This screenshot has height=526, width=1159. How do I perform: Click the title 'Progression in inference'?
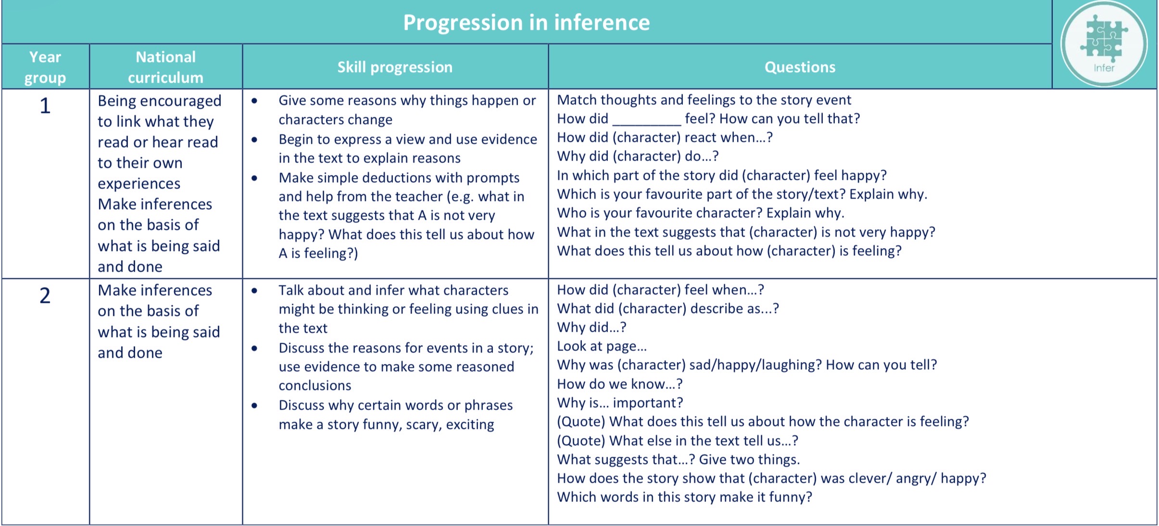click(x=526, y=23)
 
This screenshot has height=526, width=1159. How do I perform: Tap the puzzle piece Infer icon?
click(x=1104, y=44)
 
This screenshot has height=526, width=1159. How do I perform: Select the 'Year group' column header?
click(x=45, y=67)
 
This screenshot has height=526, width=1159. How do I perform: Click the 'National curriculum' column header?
click(x=165, y=67)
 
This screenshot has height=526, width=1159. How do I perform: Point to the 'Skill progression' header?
click(x=395, y=67)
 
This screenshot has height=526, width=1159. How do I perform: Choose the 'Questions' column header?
click(x=800, y=67)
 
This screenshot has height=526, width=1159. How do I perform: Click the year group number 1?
click(x=45, y=106)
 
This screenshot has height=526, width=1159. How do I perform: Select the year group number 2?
click(x=45, y=295)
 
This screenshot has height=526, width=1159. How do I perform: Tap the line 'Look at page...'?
click(x=602, y=346)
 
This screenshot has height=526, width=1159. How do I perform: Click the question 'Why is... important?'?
click(x=620, y=402)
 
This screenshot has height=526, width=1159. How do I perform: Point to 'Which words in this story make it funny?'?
click(x=684, y=497)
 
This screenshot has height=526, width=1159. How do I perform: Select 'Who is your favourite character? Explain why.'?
click(x=701, y=213)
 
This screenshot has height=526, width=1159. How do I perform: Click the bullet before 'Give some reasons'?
click(x=254, y=100)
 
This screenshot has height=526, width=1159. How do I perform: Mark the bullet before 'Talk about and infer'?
click(x=254, y=290)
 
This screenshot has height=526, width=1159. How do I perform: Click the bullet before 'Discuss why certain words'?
click(x=254, y=405)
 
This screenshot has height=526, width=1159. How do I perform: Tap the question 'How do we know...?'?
click(x=620, y=384)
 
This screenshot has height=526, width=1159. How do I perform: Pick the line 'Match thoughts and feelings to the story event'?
click(x=704, y=100)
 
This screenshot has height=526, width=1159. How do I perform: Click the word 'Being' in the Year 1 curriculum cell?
click(x=117, y=101)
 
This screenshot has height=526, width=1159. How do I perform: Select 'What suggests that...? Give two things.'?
click(x=679, y=459)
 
